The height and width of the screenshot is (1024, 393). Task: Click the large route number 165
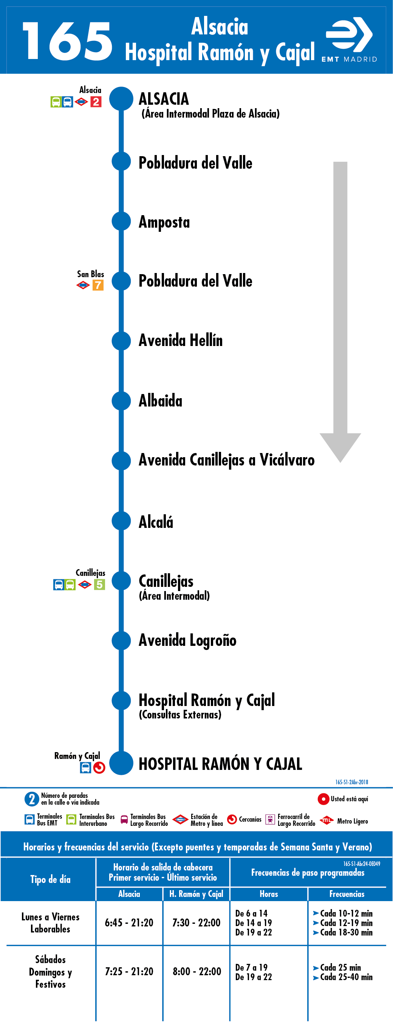click(68, 41)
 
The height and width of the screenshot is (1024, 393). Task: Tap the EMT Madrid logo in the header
click(349, 40)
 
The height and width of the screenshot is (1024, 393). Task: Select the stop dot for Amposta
click(121, 222)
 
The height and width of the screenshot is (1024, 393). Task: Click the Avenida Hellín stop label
click(180, 340)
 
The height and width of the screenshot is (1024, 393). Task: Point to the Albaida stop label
click(161, 401)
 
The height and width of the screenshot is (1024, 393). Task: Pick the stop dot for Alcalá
click(121, 521)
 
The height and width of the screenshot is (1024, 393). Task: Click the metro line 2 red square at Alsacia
click(96, 102)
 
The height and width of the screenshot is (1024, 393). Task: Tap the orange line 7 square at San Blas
click(98, 285)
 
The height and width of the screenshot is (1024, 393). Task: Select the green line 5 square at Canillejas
click(99, 584)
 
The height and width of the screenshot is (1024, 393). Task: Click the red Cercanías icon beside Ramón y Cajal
click(99, 767)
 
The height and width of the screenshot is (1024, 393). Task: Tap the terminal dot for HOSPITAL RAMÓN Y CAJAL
click(121, 763)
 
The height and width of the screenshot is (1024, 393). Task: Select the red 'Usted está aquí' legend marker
click(323, 799)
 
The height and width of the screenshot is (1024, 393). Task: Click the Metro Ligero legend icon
click(326, 821)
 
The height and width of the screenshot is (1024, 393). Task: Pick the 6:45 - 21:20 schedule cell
click(129, 923)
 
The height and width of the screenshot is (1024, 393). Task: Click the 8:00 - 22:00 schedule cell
click(197, 971)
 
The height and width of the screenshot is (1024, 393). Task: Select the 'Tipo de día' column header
click(51, 879)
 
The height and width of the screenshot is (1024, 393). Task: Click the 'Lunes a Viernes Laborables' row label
click(51, 923)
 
